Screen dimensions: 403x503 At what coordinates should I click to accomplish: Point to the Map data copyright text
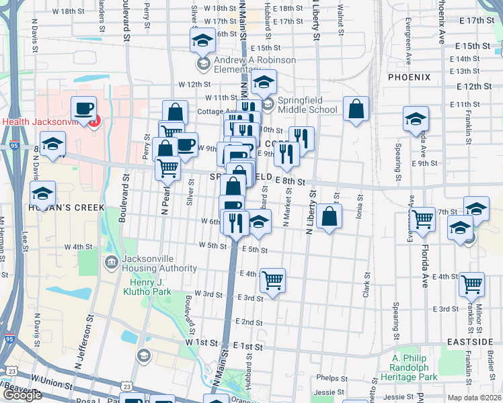pos(475,398)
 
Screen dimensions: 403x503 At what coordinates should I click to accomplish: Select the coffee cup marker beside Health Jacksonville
pos(83,109)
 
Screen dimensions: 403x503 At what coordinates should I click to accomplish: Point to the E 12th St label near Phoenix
pos(473,87)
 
